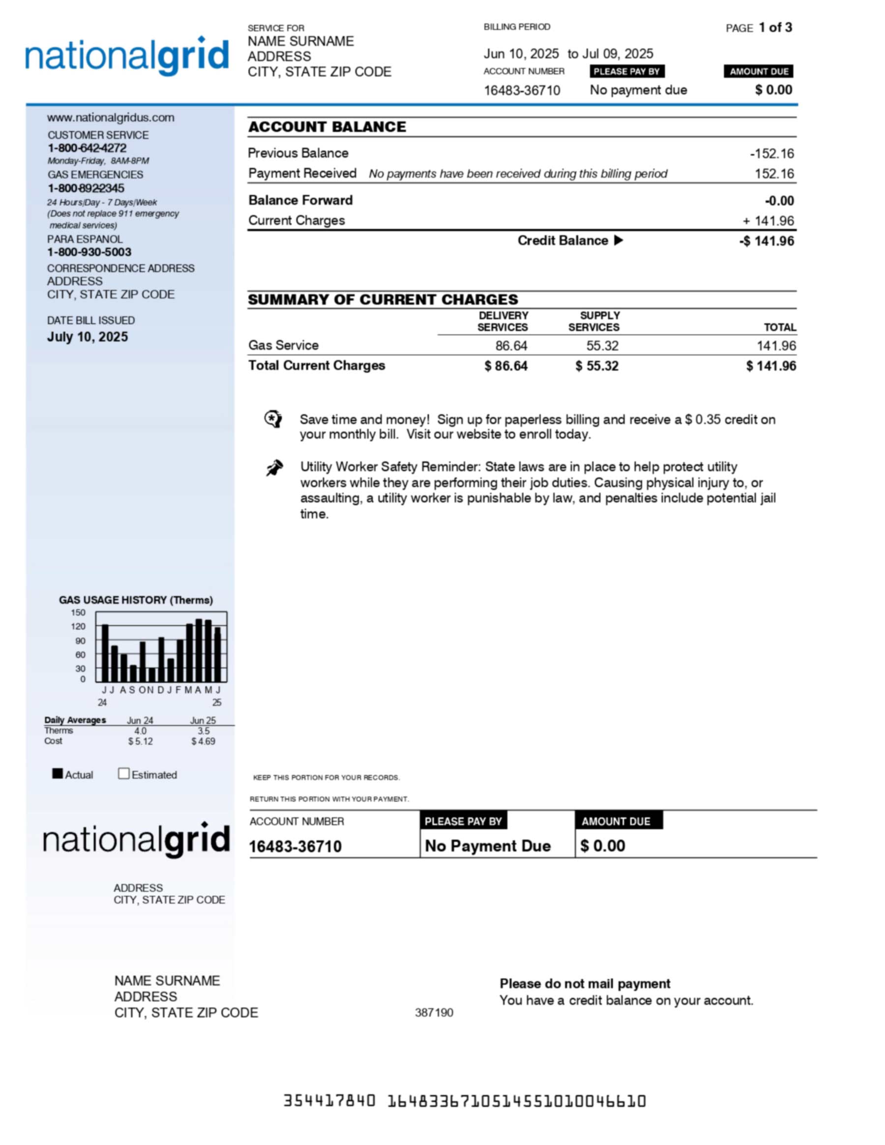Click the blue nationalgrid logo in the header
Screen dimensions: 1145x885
127,56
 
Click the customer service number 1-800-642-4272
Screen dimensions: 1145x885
87,148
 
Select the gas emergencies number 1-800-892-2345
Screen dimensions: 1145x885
86,188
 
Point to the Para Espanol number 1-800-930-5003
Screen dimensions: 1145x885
89,252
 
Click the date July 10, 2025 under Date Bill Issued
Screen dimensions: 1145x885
88,337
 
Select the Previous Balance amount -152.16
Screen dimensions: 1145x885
772,153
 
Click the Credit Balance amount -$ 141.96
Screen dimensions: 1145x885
767,241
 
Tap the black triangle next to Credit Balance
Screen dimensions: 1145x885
619,240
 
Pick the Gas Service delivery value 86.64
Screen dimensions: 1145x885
511,346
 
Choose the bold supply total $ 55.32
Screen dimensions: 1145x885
597,366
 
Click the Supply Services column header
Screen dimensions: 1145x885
594,322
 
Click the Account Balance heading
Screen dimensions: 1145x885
327,127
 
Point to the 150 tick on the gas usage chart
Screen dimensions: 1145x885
78,613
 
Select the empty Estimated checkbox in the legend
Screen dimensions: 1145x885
124,774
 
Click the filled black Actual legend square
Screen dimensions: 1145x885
58,774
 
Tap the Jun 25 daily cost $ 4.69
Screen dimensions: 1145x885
203,741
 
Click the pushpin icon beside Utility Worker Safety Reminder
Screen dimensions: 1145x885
274,468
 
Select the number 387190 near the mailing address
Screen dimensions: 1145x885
434,1013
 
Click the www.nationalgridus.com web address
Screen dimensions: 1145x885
111,117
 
